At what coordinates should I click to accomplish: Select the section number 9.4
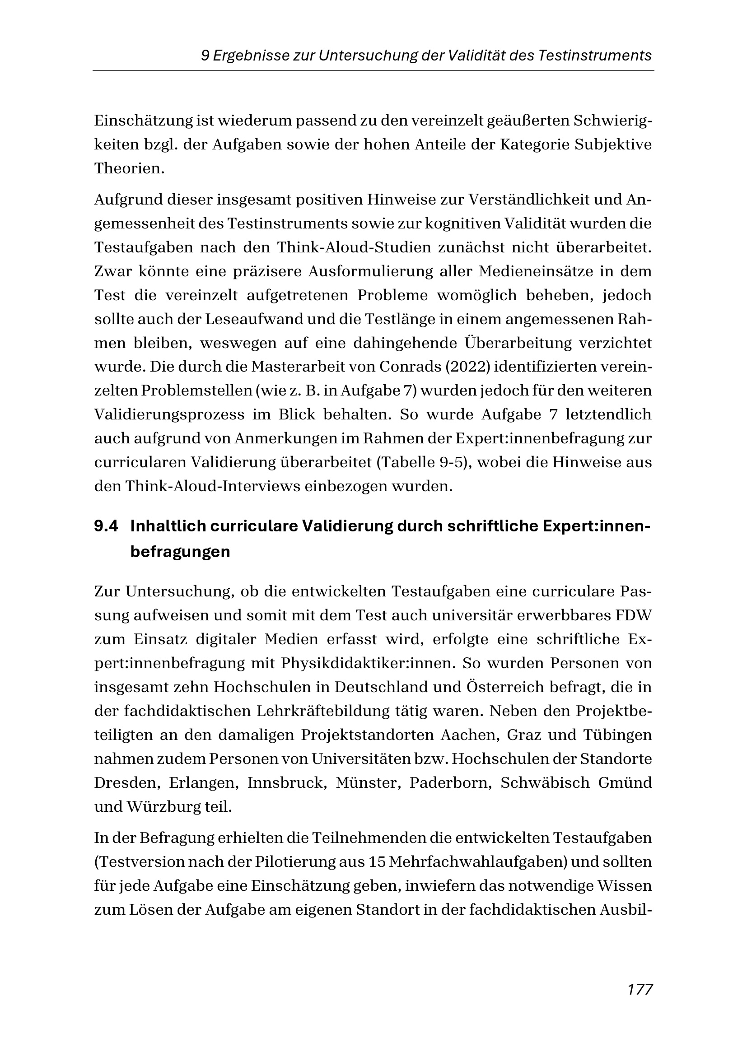[x=106, y=526]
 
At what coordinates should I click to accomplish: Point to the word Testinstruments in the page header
[x=595, y=56]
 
